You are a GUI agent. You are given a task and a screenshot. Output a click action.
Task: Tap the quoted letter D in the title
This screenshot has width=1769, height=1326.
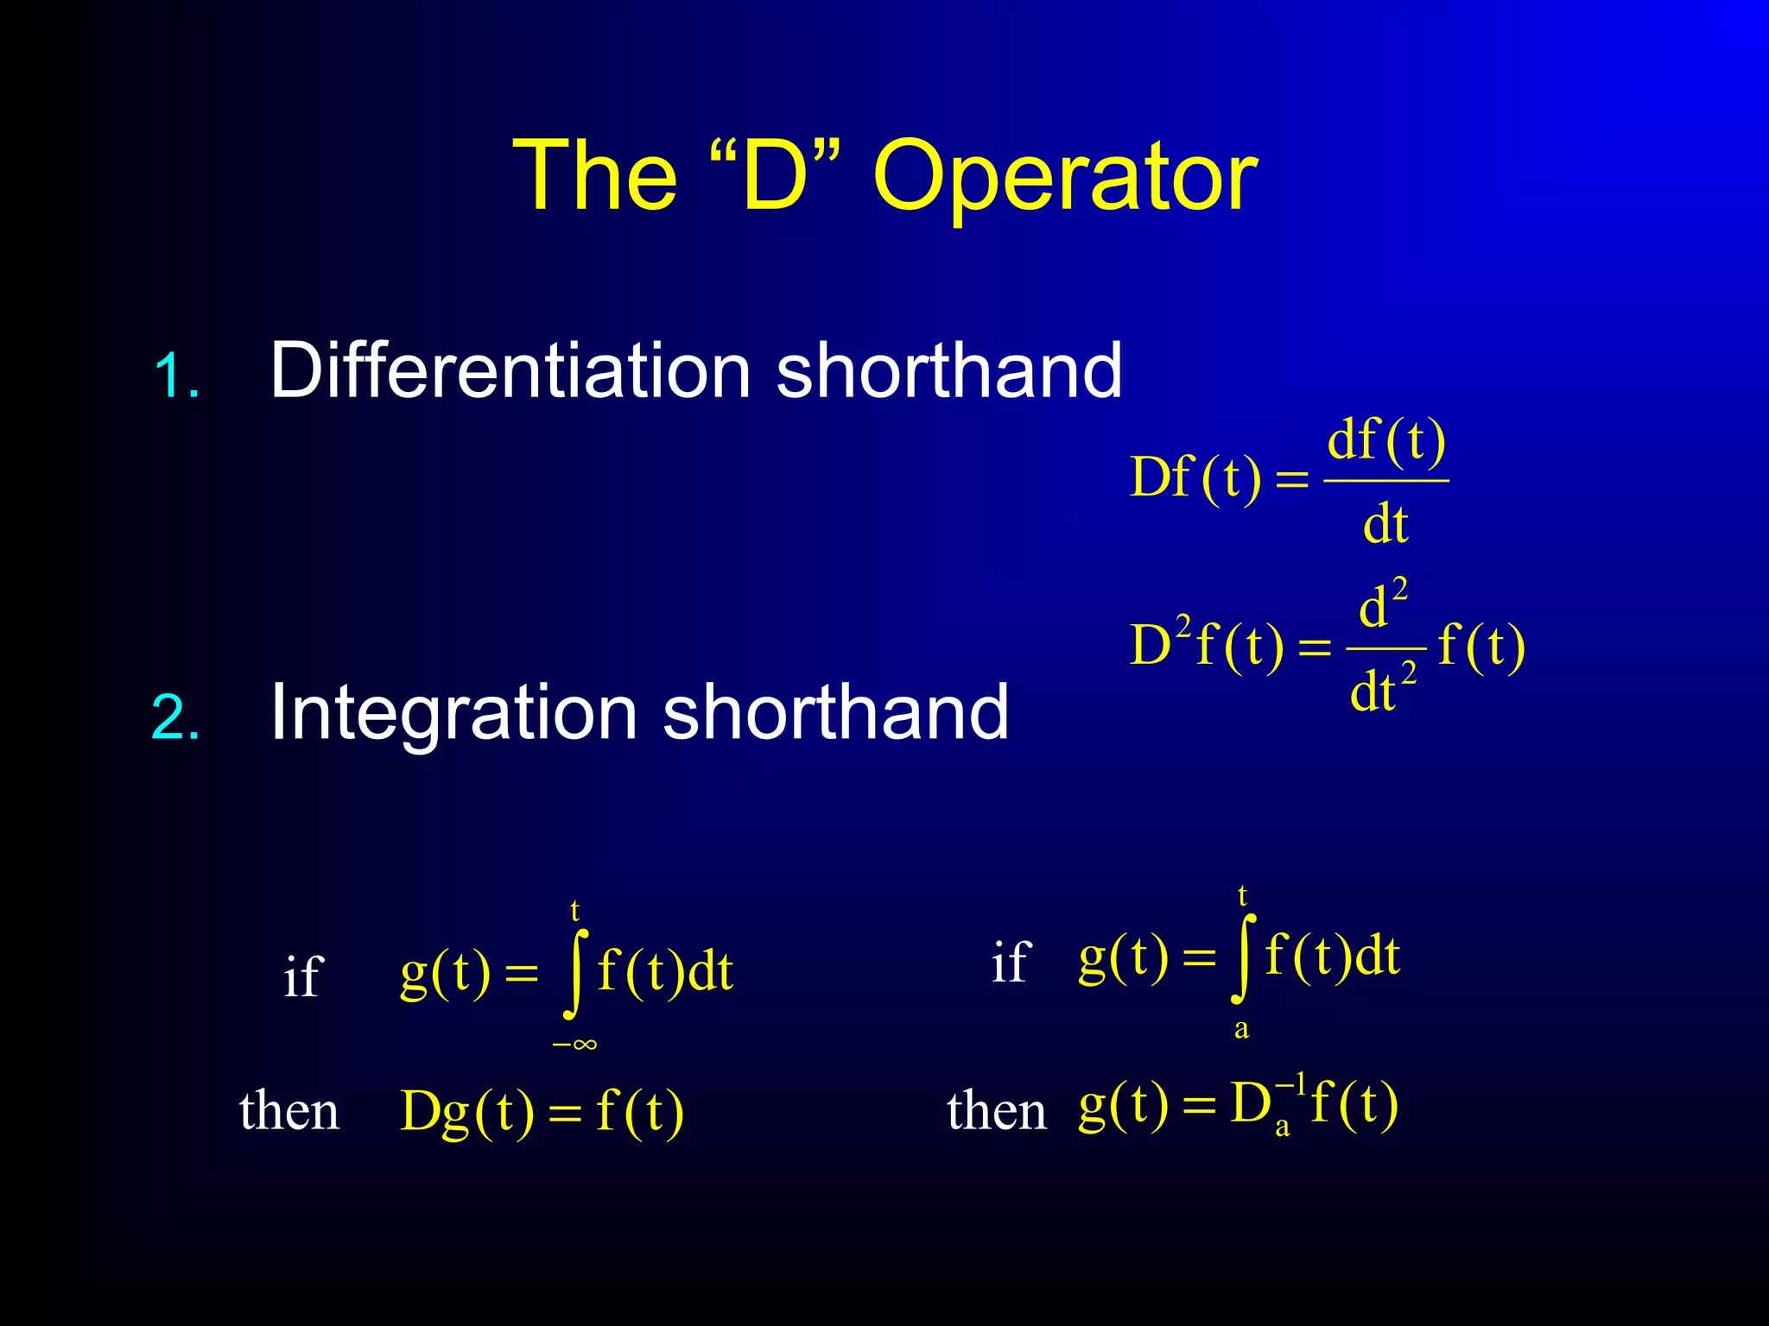[x=774, y=177]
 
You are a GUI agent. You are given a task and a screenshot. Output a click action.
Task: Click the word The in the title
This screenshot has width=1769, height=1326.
[x=595, y=177]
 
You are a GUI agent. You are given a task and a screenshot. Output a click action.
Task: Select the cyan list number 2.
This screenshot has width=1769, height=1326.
[x=175, y=717]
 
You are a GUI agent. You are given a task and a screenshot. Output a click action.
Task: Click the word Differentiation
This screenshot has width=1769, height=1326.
[x=510, y=370]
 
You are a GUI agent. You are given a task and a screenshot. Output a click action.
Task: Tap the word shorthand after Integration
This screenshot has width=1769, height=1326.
[x=835, y=712]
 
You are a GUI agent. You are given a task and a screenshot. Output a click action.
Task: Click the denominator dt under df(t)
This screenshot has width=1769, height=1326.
[x=1385, y=524]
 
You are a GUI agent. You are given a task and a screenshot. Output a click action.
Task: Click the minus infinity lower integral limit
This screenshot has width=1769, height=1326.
[x=574, y=1045]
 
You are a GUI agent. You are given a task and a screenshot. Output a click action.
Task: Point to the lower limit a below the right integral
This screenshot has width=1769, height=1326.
[x=1241, y=1030]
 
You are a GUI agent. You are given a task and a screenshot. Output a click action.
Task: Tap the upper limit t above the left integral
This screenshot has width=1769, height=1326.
[x=574, y=910]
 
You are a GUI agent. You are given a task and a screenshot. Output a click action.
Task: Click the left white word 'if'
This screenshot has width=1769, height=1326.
[x=302, y=977]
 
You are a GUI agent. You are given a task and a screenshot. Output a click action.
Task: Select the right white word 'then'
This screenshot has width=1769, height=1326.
[x=996, y=1110]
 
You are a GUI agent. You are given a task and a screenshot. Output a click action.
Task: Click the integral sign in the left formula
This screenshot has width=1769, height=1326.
[x=574, y=974]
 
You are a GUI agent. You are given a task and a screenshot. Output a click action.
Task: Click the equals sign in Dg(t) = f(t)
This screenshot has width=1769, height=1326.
[x=565, y=1114]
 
